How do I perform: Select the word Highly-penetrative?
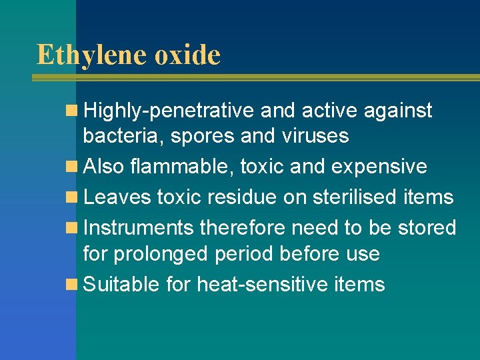(x=169, y=111)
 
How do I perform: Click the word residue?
(x=245, y=197)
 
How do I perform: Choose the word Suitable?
(x=121, y=285)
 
